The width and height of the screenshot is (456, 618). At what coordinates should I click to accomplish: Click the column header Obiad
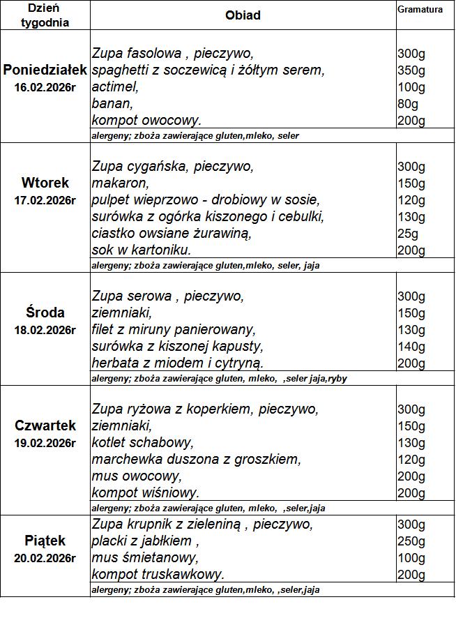pos(243,15)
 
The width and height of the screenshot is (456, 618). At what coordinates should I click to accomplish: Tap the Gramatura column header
pos(420,10)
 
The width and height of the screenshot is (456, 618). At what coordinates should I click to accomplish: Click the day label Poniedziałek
pos(45,70)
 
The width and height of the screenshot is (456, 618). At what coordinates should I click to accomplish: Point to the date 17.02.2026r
pos(45,201)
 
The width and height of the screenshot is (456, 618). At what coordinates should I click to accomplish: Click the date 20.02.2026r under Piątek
pos(45,558)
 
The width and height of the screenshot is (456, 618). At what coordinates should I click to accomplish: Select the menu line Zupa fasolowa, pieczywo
pos(172,54)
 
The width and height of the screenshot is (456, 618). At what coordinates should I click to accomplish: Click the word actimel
pos(115,87)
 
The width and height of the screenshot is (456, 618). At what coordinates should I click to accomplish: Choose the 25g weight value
pos(407,233)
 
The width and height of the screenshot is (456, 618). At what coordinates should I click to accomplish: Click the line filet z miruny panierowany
pos(174,329)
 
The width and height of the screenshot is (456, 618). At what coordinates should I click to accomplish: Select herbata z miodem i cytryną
pos(178,363)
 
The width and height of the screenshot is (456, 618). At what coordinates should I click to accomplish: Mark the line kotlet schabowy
pos(142,442)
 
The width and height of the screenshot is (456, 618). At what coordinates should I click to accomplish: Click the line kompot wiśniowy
pos(146,492)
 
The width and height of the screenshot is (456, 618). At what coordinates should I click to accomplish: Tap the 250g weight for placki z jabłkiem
pos(411,541)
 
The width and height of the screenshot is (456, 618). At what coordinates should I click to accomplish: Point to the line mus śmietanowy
pos(145,558)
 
